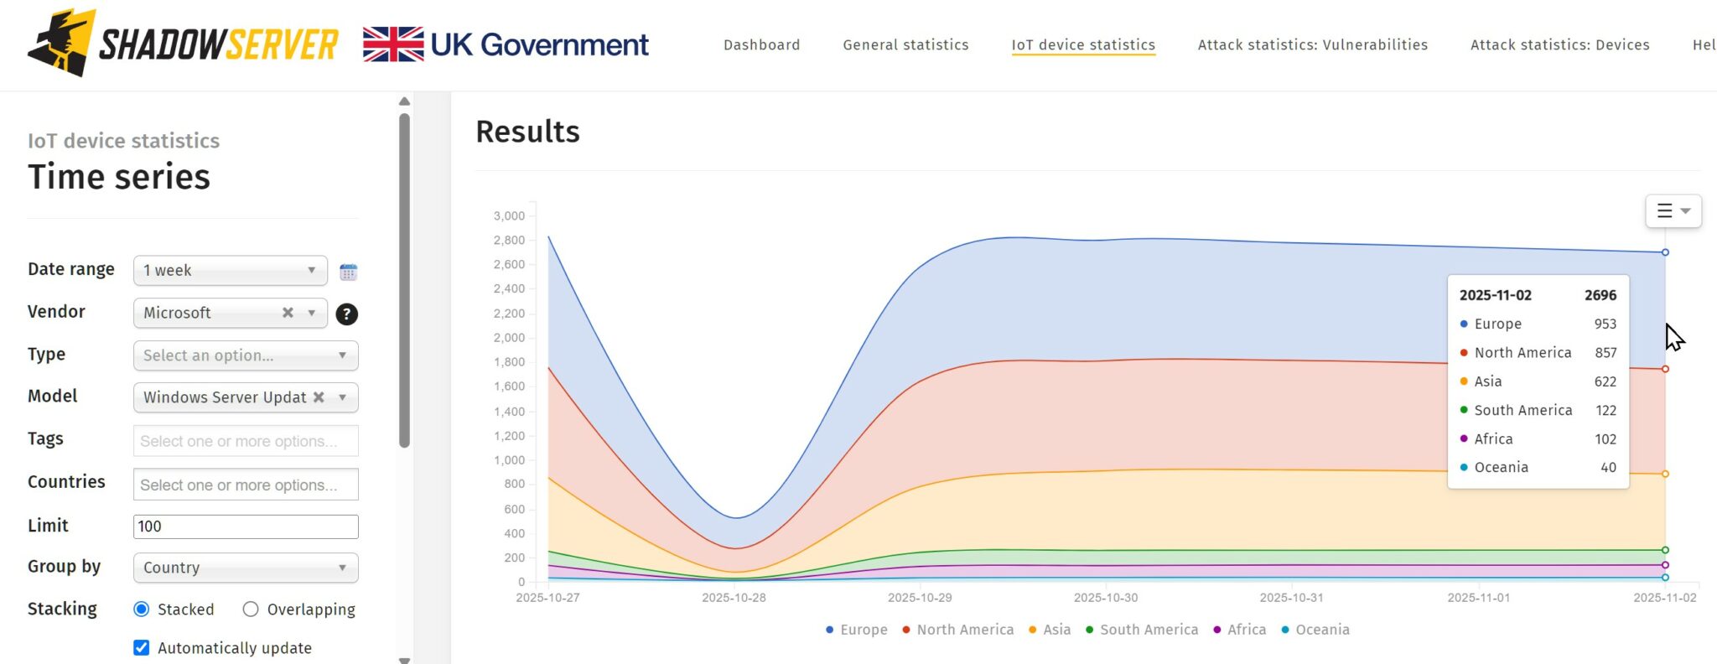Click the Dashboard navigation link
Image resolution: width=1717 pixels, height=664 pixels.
(x=761, y=45)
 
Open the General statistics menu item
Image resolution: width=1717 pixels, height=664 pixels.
(x=905, y=45)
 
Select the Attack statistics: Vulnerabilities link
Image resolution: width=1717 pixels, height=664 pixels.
(x=1312, y=45)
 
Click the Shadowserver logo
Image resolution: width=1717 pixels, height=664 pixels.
(x=183, y=44)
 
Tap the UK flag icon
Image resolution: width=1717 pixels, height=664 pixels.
(x=393, y=44)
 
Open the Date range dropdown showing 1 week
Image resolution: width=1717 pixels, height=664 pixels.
(x=230, y=271)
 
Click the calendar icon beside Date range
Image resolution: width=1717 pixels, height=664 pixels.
(x=348, y=272)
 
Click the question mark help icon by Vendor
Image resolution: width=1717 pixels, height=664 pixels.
(x=346, y=314)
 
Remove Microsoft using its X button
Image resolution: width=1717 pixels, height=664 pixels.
(x=288, y=313)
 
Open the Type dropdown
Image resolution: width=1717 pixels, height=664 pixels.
(x=245, y=355)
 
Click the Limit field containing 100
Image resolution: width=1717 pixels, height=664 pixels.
(x=245, y=527)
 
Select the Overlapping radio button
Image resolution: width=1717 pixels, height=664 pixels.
(x=251, y=610)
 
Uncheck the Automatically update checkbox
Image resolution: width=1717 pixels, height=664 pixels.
(x=142, y=648)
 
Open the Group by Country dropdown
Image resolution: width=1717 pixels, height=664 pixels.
(x=245, y=568)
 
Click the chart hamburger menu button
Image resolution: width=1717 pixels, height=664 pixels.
(x=1673, y=211)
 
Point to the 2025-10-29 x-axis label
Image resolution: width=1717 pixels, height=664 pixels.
(x=920, y=598)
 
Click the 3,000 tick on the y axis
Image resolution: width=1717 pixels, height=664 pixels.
(x=509, y=216)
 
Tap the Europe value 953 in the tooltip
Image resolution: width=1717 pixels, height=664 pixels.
(x=1605, y=324)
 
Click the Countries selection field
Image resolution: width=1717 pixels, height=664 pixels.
(x=245, y=485)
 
